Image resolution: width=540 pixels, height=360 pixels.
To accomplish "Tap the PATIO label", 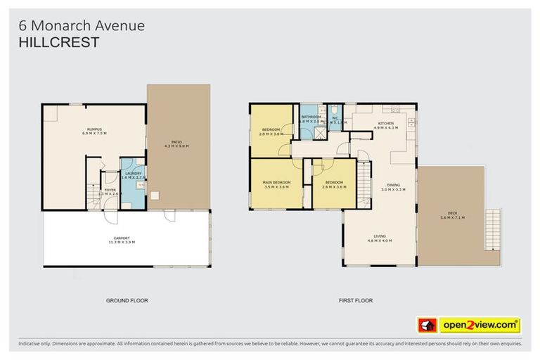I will point(176,142).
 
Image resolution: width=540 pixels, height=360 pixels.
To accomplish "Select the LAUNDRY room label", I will point(133,174).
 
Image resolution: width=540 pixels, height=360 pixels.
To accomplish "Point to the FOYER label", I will point(110,190).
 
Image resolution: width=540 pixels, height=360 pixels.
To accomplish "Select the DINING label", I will point(392,186).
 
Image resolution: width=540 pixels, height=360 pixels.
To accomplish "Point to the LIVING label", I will point(380,236).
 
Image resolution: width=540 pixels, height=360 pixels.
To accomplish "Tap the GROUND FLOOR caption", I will point(127,300).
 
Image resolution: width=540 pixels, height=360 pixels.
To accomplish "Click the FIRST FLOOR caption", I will point(355,300).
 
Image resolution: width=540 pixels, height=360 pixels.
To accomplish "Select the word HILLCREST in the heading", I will point(58,42).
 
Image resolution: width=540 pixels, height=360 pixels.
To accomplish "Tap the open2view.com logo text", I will point(479,325).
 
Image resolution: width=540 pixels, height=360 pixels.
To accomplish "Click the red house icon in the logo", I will point(426,325).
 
